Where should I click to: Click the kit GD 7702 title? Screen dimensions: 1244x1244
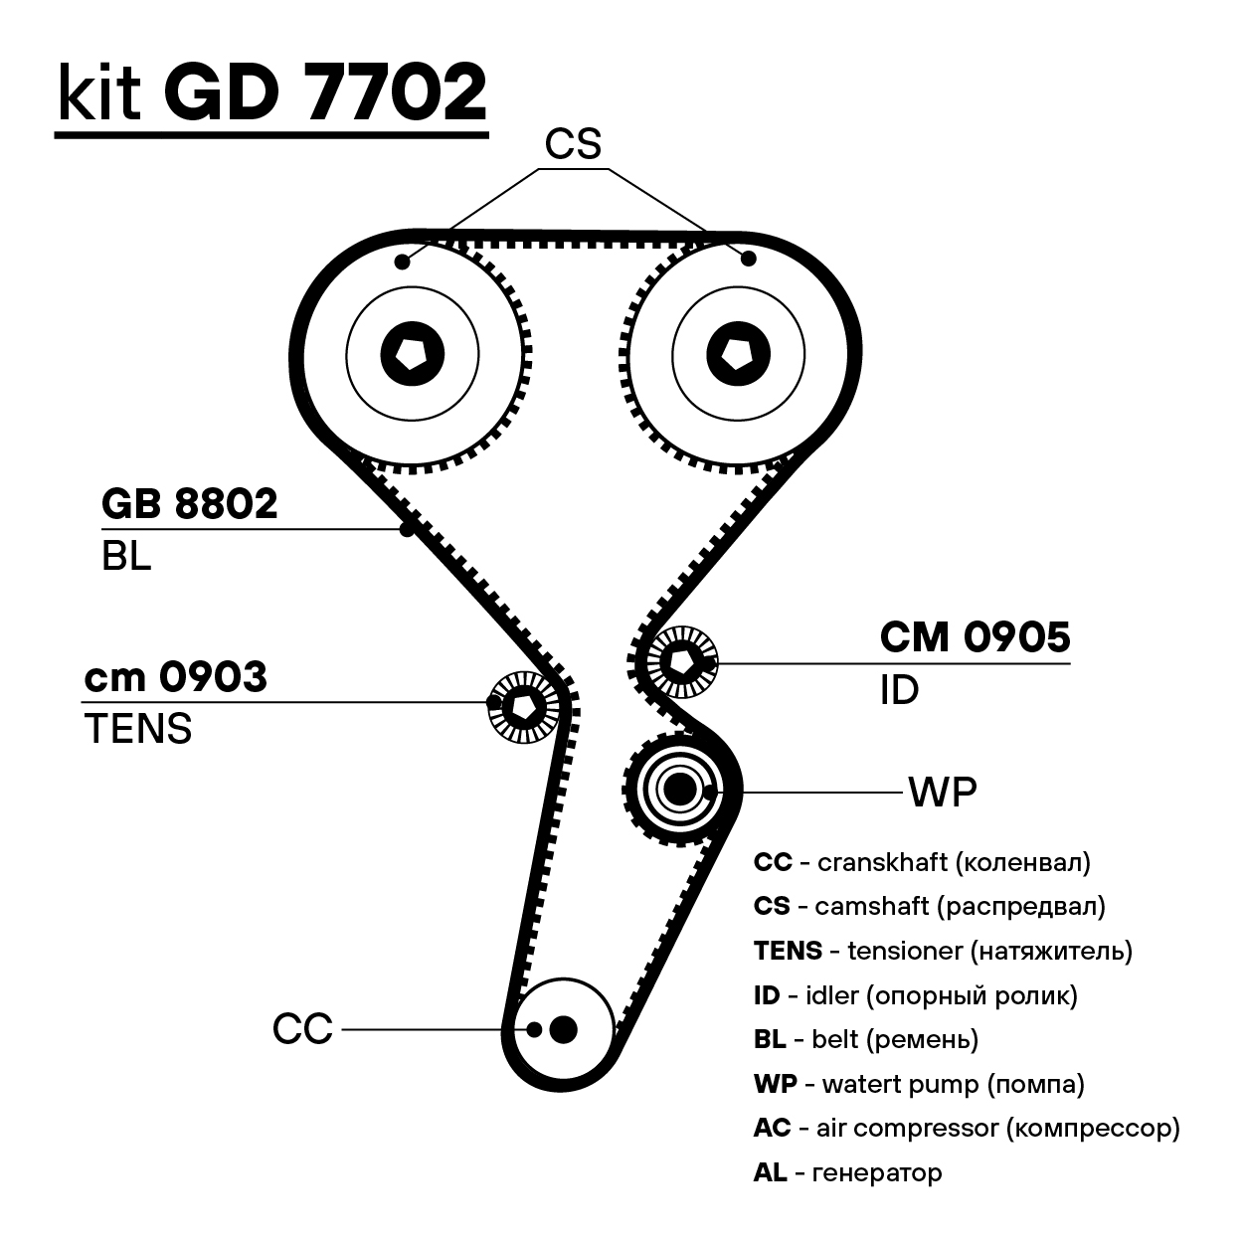[271, 94]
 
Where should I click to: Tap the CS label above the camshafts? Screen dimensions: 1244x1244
[573, 145]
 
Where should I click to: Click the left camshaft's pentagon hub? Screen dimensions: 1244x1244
[411, 351]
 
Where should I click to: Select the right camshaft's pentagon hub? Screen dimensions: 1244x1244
[738, 351]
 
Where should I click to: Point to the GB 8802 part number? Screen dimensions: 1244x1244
[189, 505]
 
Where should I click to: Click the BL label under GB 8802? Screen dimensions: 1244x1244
[126, 557]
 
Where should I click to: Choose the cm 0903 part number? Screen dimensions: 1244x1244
[176, 677]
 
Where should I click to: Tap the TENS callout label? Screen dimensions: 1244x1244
[138, 729]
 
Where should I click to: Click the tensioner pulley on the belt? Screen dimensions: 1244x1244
[520, 704]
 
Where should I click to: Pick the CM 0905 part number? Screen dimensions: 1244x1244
[975, 637]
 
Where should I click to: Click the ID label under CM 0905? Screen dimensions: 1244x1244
[899, 690]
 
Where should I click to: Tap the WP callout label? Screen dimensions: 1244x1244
[942, 793]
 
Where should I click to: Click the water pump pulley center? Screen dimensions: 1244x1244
[679, 790]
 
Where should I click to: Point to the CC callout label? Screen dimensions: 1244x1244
[302, 1029]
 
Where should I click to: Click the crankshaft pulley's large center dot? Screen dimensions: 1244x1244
[563, 1029]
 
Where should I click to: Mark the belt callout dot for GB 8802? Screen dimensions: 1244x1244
[407, 529]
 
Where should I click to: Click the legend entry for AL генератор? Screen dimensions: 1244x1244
[847, 1172]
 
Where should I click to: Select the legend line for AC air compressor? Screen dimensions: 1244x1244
[967, 1128]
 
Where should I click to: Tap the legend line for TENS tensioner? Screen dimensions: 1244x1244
[943, 951]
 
